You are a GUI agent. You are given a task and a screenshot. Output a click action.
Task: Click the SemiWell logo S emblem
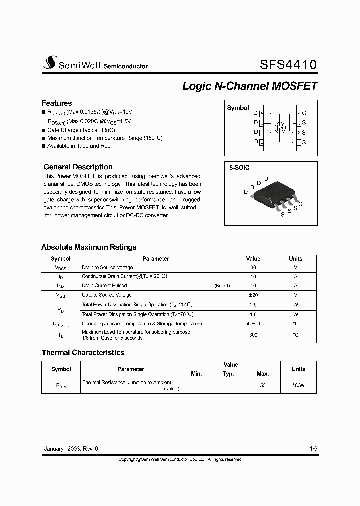point(49,63)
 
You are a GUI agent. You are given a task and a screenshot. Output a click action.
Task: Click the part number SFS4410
point(288,65)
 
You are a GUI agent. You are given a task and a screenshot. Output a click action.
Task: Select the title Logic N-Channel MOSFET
point(250,86)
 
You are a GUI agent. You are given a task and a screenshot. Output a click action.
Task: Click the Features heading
point(57,103)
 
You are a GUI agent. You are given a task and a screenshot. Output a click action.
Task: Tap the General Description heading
point(78,167)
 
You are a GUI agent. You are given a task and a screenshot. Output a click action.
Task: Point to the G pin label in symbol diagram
point(304,113)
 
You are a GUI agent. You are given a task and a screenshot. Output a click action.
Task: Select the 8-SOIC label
point(239,168)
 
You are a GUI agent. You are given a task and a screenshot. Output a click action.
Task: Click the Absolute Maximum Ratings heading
point(89,247)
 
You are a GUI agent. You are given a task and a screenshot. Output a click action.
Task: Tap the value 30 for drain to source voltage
point(253,268)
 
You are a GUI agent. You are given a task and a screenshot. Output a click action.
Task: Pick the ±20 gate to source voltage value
point(253,295)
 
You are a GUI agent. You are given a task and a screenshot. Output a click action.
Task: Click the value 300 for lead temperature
point(253,335)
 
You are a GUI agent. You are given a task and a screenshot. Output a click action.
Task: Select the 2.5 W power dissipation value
point(253,304)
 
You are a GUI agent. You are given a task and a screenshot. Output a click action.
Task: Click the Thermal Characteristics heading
point(83,352)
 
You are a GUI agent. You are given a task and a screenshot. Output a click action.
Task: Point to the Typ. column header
point(228,374)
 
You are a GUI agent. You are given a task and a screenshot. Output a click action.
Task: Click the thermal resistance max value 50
point(263,385)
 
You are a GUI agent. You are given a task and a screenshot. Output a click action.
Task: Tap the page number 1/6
point(313,449)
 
